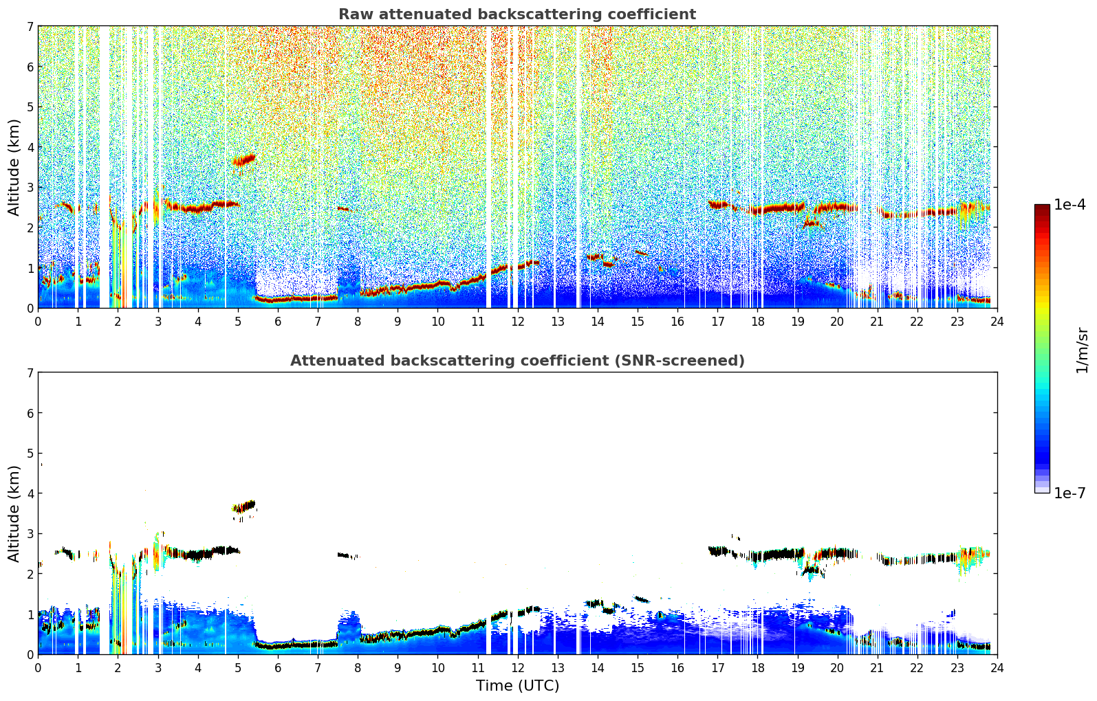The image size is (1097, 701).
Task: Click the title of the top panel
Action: (517, 14)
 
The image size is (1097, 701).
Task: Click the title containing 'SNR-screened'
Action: (517, 361)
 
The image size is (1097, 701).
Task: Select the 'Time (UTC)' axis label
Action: (517, 686)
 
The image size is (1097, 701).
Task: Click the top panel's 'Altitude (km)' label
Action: (14, 167)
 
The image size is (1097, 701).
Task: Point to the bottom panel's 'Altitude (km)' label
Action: (14, 513)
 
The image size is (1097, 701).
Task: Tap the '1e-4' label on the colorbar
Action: (1069, 205)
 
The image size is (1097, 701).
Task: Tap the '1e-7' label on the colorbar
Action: (1069, 493)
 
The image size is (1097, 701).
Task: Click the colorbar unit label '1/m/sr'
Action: (1082, 350)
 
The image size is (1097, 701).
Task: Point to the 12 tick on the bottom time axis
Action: (517, 667)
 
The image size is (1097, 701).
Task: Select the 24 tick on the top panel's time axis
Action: (997, 321)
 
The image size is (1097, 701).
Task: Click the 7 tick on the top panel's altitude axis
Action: (30, 27)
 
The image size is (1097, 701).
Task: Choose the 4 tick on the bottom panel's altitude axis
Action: (30, 493)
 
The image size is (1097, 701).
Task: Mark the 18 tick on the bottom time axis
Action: (757, 667)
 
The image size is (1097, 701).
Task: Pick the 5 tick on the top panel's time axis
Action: (238, 321)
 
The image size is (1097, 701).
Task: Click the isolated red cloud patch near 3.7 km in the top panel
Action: (244, 161)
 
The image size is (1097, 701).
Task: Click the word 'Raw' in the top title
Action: (352, 14)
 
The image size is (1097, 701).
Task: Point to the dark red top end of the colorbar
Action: (1041, 208)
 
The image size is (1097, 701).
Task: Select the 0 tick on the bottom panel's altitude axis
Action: (30, 654)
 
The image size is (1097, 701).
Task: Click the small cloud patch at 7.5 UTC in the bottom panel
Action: (344, 555)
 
